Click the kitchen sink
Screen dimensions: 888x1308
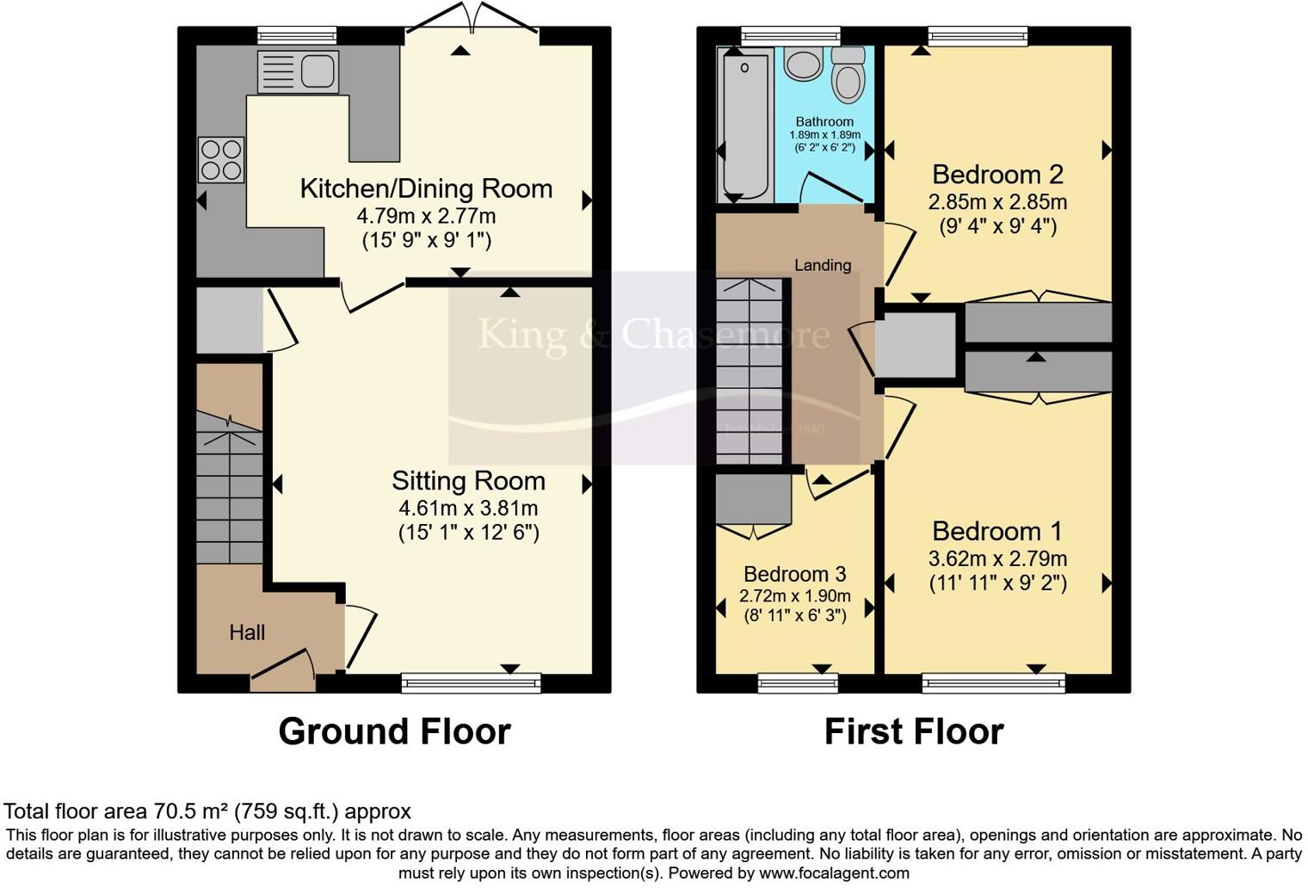[x=298, y=71]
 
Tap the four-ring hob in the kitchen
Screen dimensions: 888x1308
[x=221, y=160]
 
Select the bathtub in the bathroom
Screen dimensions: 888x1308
[x=743, y=126]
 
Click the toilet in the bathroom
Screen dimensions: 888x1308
[x=848, y=76]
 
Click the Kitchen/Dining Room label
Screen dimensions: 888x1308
[x=426, y=188]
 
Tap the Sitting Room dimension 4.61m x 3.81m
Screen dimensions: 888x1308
[x=468, y=508]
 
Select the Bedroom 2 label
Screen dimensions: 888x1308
[x=997, y=175]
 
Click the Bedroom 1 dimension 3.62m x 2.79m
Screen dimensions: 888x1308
[x=997, y=558]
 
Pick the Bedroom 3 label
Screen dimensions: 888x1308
[x=794, y=574]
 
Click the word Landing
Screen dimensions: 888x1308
[x=822, y=265]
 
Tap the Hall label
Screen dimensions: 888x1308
[x=247, y=632]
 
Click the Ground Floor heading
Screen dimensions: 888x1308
[x=394, y=731]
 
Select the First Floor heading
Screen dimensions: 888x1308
[x=913, y=731]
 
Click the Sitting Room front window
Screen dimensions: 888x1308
[x=471, y=683]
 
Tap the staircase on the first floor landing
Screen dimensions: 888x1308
[x=750, y=370]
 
